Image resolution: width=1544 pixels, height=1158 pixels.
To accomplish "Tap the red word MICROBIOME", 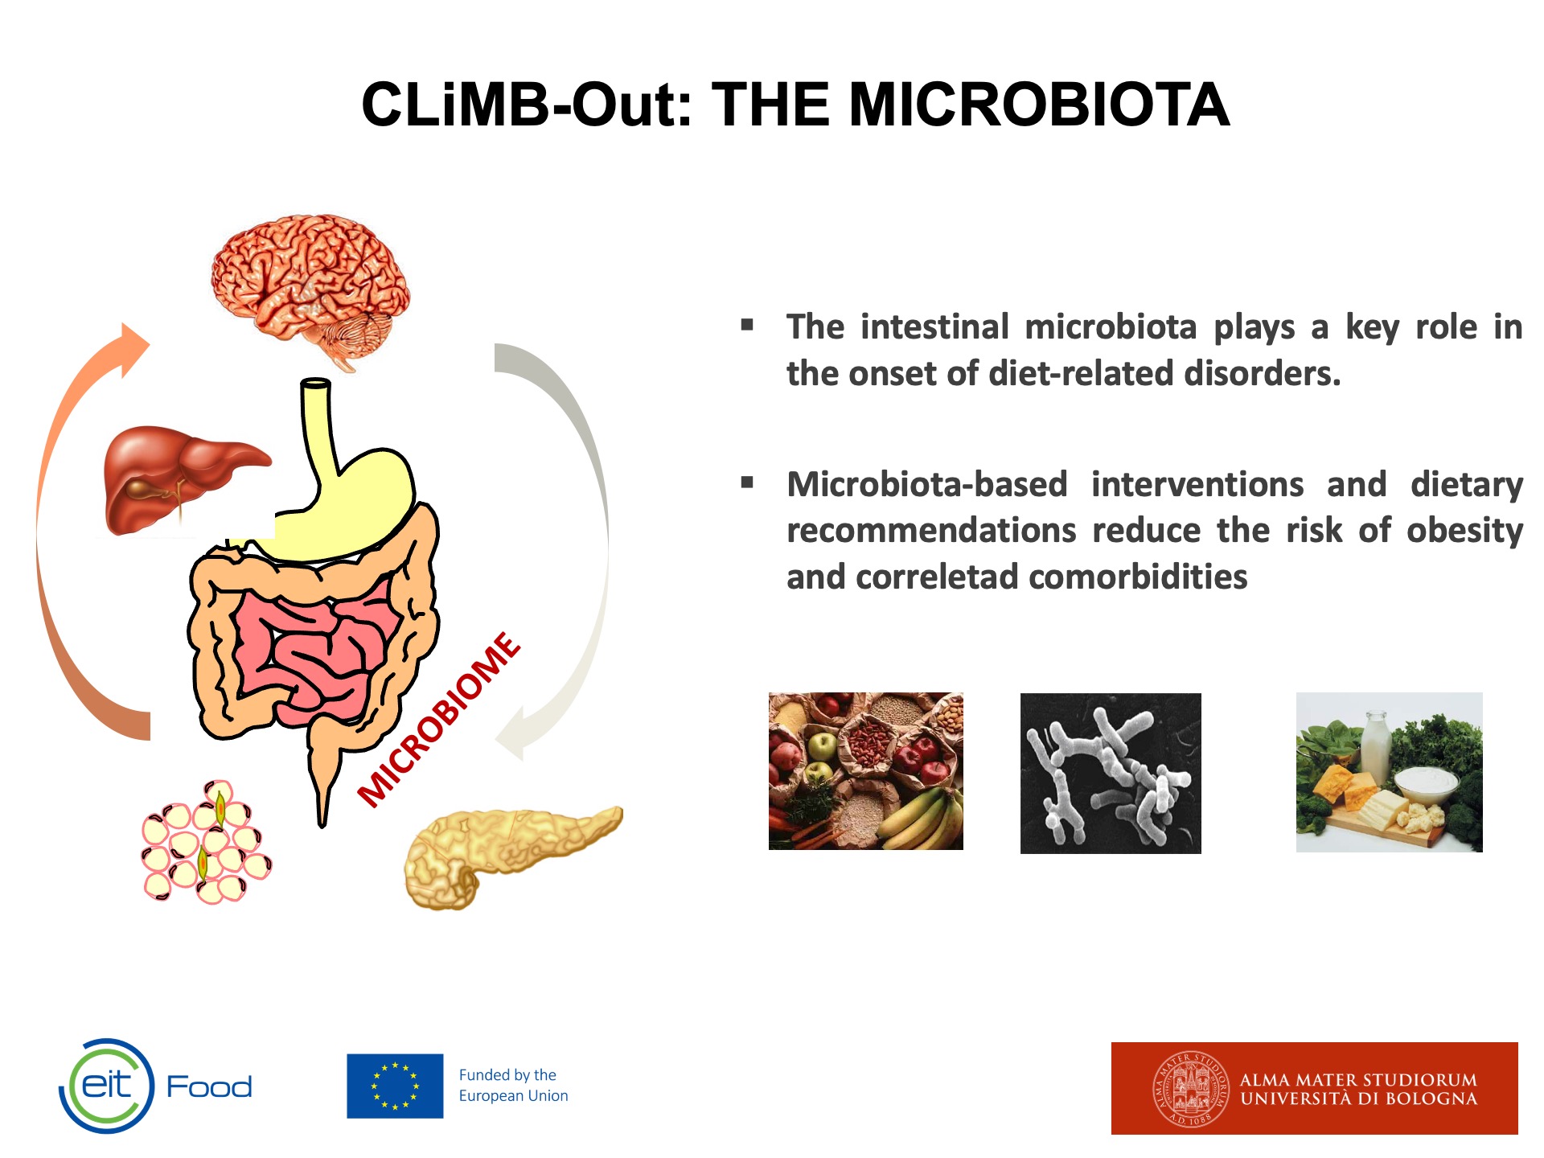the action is [439, 719].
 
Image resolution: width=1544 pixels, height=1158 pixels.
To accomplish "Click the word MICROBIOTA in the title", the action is [1039, 105].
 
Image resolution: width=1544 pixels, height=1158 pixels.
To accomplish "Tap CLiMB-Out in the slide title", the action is [526, 105].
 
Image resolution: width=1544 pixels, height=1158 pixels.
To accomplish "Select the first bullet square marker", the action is [747, 325].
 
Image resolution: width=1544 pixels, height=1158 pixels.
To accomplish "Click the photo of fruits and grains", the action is [865, 771].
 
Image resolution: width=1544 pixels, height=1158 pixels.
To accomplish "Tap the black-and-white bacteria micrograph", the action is [1111, 773].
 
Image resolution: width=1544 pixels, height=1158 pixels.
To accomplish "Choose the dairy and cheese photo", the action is [1389, 772].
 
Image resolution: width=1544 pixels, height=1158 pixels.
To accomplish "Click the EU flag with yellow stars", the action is [395, 1086].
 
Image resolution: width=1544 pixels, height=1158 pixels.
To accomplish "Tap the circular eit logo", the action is [106, 1086].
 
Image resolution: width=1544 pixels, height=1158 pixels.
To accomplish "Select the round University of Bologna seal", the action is [1191, 1090].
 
